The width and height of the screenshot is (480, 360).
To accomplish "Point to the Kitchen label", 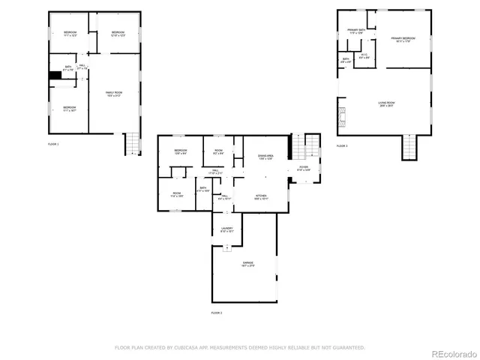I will click(x=259, y=196).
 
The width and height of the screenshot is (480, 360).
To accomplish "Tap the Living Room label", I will click(x=385, y=103).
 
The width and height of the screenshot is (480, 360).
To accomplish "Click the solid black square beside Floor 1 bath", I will click(x=55, y=75).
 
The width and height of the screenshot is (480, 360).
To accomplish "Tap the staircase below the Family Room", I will click(x=132, y=143).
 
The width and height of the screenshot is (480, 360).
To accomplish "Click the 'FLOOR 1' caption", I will click(x=52, y=143).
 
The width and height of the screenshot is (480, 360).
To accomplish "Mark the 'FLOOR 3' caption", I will click(x=341, y=145).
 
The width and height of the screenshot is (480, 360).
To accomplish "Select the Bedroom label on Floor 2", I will click(x=181, y=151).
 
